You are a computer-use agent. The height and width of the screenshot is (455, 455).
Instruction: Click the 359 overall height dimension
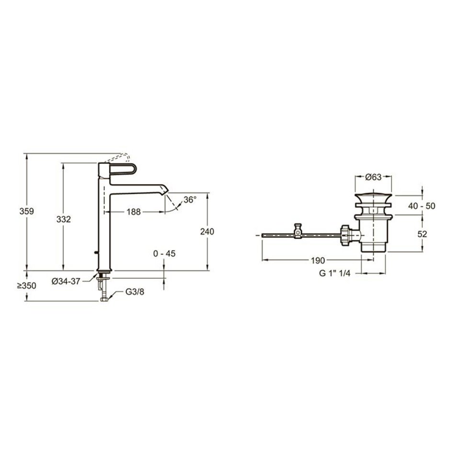pyautogui.click(x=27, y=211)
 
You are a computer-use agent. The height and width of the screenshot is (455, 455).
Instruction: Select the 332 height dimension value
pyautogui.click(x=64, y=219)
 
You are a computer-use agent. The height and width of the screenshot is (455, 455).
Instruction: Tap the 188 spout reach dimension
pyautogui.click(x=134, y=212)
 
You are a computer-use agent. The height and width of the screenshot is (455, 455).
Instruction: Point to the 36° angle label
pyautogui.click(x=190, y=200)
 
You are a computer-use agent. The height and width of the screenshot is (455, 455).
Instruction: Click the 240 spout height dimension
pyautogui.click(x=207, y=231)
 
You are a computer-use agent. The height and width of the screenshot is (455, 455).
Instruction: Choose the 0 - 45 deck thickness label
pyautogui.click(x=164, y=254)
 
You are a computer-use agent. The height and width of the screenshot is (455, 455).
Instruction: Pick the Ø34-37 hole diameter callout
pyautogui.click(x=66, y=281)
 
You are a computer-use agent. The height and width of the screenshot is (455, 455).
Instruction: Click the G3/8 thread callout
pyautogui.click(x=135, y=292)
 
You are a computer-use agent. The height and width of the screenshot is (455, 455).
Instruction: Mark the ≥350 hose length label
pyautogui.click(x=26, y=286)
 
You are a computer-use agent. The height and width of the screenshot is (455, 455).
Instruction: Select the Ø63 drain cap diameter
pyautogui.click(x=374, y=177)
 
